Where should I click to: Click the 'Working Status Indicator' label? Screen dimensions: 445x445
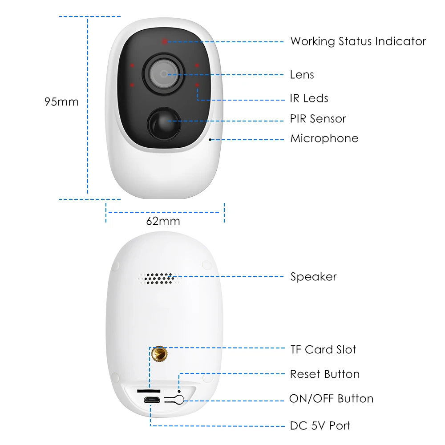click(x=358, y=41)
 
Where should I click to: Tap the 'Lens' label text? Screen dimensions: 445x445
click(x=302, y=75)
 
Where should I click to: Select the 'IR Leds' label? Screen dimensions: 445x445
click(x=309, y=98)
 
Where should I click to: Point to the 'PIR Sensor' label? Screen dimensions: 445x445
click(x=318, y=119)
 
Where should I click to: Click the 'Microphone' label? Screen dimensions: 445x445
click(x=324, y=138)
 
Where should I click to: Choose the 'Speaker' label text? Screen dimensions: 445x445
click(x=314, y=277)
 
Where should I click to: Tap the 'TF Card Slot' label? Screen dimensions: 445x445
click(x=324, y=350)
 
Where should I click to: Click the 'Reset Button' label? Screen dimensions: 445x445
click(x=325, y=374)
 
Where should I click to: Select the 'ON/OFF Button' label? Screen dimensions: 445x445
click(x=332, y=399)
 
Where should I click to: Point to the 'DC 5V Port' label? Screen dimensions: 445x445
click(x=320, y=426)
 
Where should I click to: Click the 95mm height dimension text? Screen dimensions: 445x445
click(x=61, y=102)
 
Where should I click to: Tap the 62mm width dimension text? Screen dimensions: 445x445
click(x=163, y=221)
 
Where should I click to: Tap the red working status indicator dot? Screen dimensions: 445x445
click(x=165, y=41)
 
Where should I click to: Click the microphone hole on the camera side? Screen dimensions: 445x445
click(x=210, y=139)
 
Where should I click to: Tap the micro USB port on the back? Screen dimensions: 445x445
click(x=151, y=399)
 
